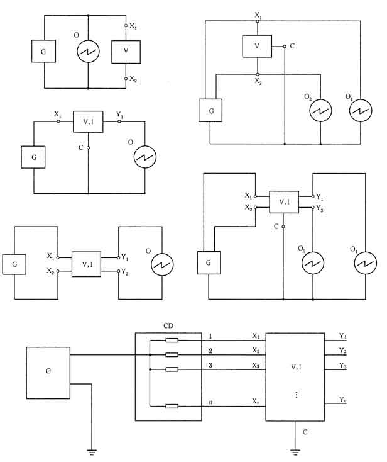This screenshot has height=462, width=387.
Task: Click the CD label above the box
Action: click(x=168, y=327)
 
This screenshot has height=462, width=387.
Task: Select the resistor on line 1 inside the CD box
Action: click(x=172, y=341)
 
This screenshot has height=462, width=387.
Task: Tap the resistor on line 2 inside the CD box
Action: click(x=172, y=355)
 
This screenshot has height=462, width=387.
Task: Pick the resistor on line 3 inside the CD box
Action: click(x=172, y=369)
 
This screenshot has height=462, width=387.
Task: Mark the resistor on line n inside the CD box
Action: click(x=172, y=407)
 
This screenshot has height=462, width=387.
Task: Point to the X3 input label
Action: click(x=255, y=366)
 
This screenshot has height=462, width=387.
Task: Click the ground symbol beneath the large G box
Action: click(x=92, y=450)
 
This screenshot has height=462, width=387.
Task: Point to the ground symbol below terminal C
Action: click(x=295, y=450)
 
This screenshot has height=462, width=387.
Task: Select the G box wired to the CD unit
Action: click(x=48, y=371)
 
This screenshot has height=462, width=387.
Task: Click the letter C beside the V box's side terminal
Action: click(x=293, y=46)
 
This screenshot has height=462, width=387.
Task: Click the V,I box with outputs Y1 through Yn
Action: click(x=295, y=378)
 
